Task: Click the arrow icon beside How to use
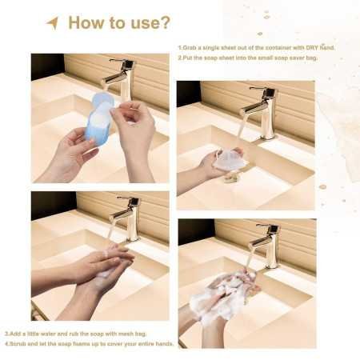[52, 22]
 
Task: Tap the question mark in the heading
[165, 22]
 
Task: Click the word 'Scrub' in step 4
[18, 343]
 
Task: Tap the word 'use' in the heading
[143, 22]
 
